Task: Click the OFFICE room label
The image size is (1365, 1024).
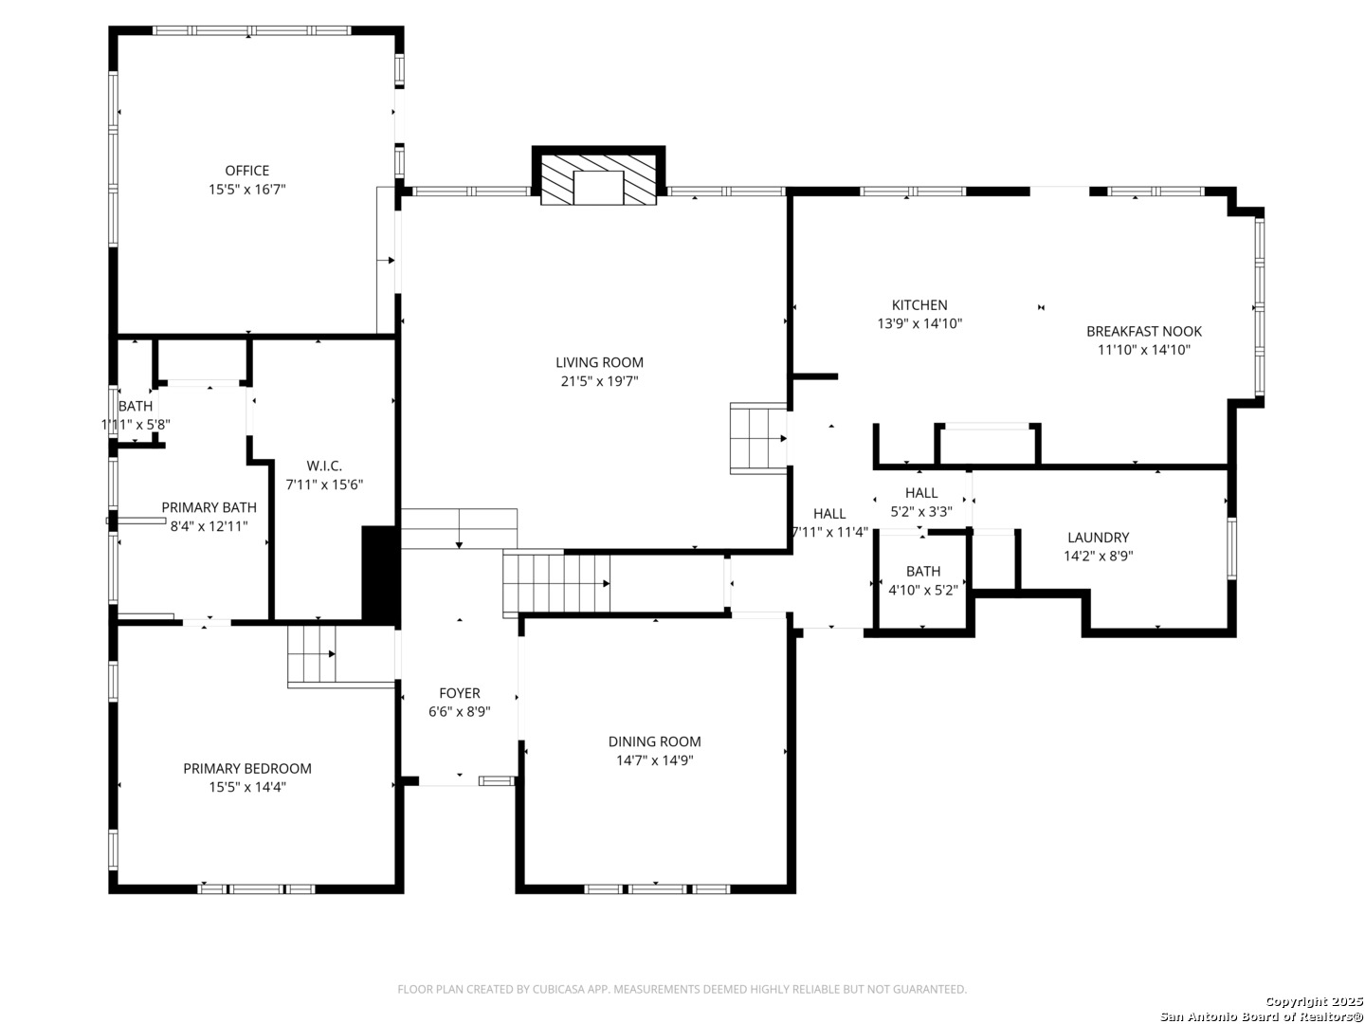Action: point(246,171)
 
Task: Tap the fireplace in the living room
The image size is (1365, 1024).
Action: point(598,178)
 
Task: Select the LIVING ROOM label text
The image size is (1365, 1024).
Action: point(599,362)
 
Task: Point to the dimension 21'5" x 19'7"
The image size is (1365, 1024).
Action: point(599,381)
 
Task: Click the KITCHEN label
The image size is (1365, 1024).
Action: point(919,305)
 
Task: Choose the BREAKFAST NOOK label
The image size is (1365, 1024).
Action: point(1143,331)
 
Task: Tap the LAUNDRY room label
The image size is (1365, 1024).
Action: point(1098,538)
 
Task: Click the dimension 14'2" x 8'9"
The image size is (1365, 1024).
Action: point(1098,557)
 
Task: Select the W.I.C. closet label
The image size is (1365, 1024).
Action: point(324,466)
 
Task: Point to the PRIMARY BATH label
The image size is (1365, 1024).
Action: point(209,507)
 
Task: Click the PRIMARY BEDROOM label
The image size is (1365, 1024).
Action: point(246,769)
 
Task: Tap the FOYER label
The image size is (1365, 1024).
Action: point(460,693)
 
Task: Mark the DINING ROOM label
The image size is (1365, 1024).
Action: point(654,741)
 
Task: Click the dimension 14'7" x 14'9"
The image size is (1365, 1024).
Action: point(654,760)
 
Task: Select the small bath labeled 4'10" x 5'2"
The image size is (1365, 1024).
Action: point(922,580)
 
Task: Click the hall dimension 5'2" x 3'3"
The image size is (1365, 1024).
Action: point(920,512)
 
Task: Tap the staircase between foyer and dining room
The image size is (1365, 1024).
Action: point(556,583)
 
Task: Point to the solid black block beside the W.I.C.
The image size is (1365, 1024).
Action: point(379,574)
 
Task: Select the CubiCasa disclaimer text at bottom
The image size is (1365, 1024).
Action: point(682,989)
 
